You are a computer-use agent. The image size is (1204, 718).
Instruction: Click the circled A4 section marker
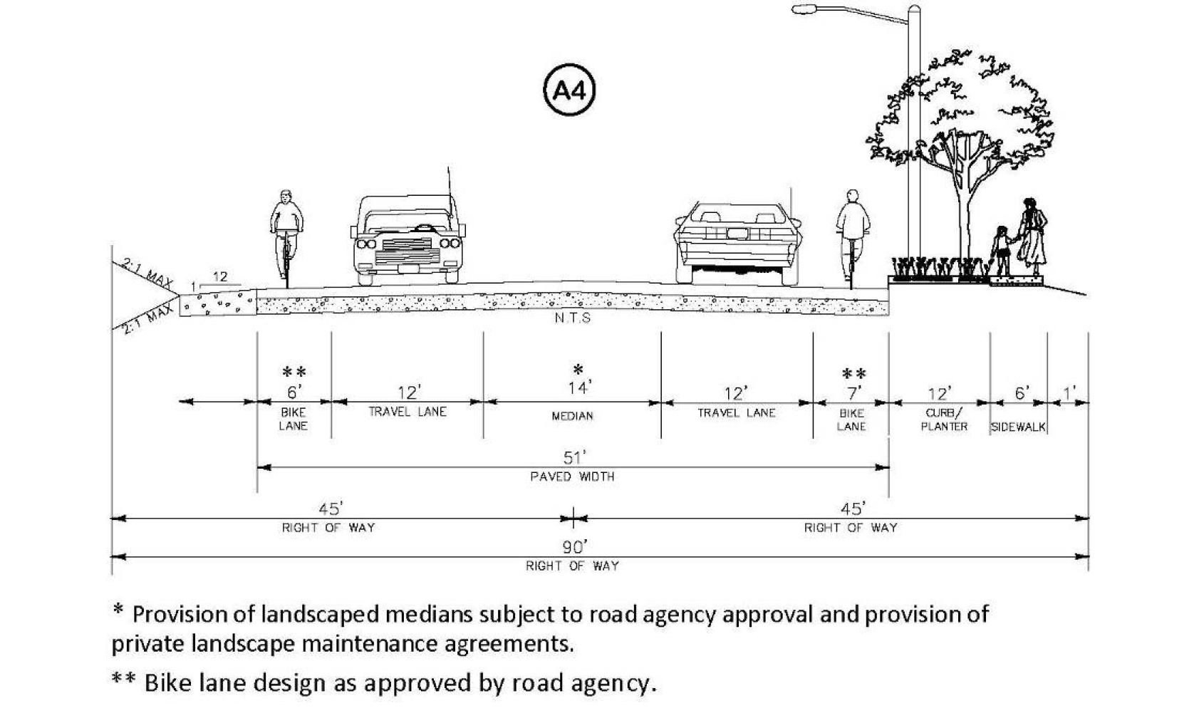pyautogui.click(x=569, y=90)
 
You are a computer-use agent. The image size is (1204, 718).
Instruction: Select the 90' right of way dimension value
pyautogui.click(x=574, y=547)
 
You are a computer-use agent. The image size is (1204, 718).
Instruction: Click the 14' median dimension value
pyautogui.click(x=578, y=388)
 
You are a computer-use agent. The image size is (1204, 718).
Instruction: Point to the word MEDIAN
pyautogui.click(x=572, y=416)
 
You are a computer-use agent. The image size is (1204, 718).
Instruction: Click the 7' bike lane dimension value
pyautogui.click(x=853, y=392)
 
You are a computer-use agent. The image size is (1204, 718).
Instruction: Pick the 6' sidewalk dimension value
pyautogui.click(x=1022, y=393)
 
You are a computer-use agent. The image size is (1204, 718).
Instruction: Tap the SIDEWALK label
pyautogui.click(x=1018, y=427)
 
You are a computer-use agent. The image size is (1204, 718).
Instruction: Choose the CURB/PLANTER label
pyautogui.click(x=944, y=420)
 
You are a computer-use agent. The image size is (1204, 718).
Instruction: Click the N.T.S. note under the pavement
pyautogui.click(x=573, y=318)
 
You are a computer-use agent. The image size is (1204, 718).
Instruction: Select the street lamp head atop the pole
pyautogui.click(x=804, y=9)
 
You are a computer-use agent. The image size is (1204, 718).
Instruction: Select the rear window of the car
pyautogui.click(x=737, y=214)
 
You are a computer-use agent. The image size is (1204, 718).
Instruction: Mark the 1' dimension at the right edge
pyautogui.click(x=1069, y=393)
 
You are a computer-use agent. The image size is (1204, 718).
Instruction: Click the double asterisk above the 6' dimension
pyautogui.click(x=294, y=372)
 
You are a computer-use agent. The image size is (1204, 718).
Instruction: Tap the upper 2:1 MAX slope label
pyautogui.click(x=148, y=275)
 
